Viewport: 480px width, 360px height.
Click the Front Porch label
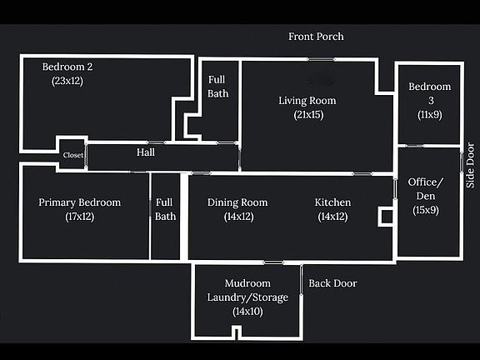pos(316,37)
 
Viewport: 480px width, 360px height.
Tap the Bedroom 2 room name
pos(67,67)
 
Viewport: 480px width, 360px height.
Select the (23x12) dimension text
pos(67,81)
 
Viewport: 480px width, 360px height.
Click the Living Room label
pos(307,101)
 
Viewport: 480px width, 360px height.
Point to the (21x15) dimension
pos(308,115)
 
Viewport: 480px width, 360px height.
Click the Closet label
pos(73,155)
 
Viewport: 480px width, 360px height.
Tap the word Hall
pos(145,152)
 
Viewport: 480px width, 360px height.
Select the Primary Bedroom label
pos(80,202)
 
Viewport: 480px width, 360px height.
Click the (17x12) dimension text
pos(80,217)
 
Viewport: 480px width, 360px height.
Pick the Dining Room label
pos(237,202)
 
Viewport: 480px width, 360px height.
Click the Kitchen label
pos(332,202)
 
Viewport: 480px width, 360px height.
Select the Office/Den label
pos(426,189)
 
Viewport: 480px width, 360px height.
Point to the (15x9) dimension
pos(426,210)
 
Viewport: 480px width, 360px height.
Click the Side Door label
pos(470,165)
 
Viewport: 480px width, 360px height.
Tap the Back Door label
pos(332,283)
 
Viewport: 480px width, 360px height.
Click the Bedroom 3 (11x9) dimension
pos(430,115)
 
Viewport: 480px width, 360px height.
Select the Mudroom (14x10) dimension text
pos(247,312)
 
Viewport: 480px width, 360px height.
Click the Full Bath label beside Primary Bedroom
pos(165,209)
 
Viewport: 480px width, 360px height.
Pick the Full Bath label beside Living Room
pos(217,87)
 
